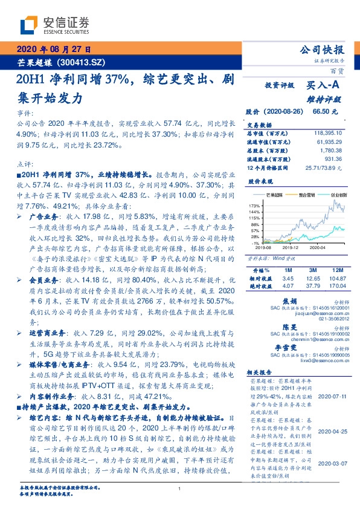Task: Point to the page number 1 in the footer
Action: (x=180, y=488)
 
